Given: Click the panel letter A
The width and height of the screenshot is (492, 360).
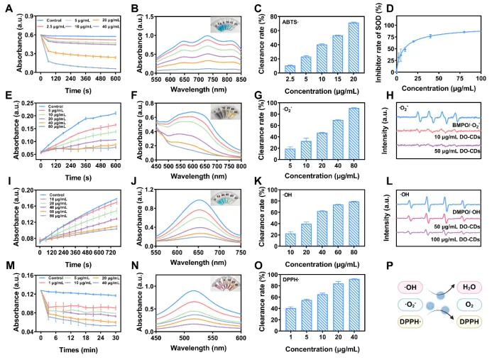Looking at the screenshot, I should point(8,8).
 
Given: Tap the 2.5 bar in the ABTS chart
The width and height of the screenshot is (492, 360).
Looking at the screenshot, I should point(270,69).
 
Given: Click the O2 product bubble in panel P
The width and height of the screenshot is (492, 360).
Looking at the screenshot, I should point(467,302).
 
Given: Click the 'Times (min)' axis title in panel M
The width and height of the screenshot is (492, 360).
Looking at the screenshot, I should point(79,351).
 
